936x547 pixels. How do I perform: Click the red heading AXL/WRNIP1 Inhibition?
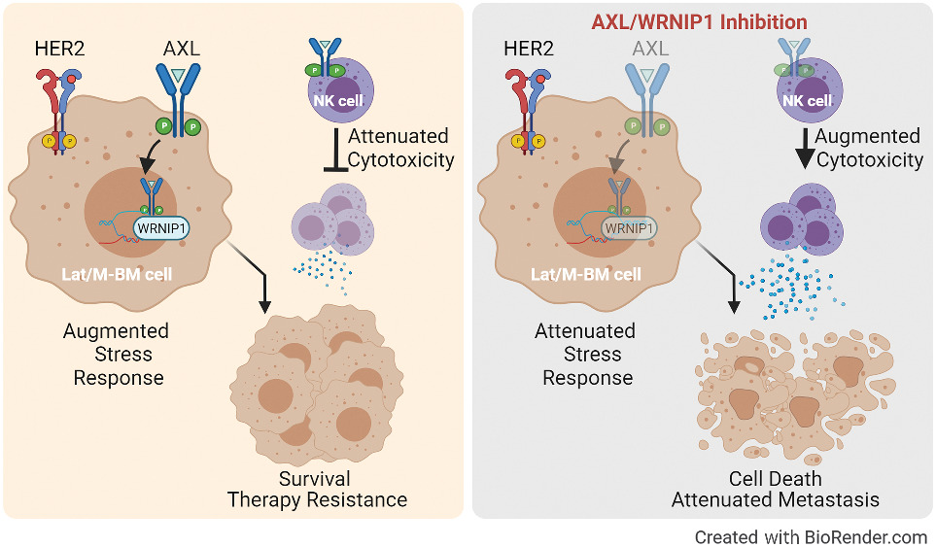[699, 20]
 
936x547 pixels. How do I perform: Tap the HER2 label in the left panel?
[60, 50]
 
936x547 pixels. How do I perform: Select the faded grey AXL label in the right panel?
[651, 50]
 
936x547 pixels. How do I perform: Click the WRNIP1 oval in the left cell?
[162, 228]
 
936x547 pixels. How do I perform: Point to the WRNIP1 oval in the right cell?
[629, 228]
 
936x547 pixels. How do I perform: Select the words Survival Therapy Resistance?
[316, 490]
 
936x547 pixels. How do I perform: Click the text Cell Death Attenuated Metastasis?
[776, 490]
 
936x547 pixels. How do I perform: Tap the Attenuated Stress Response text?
[586, 354]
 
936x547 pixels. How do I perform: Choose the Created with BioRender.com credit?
[810, 536]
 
